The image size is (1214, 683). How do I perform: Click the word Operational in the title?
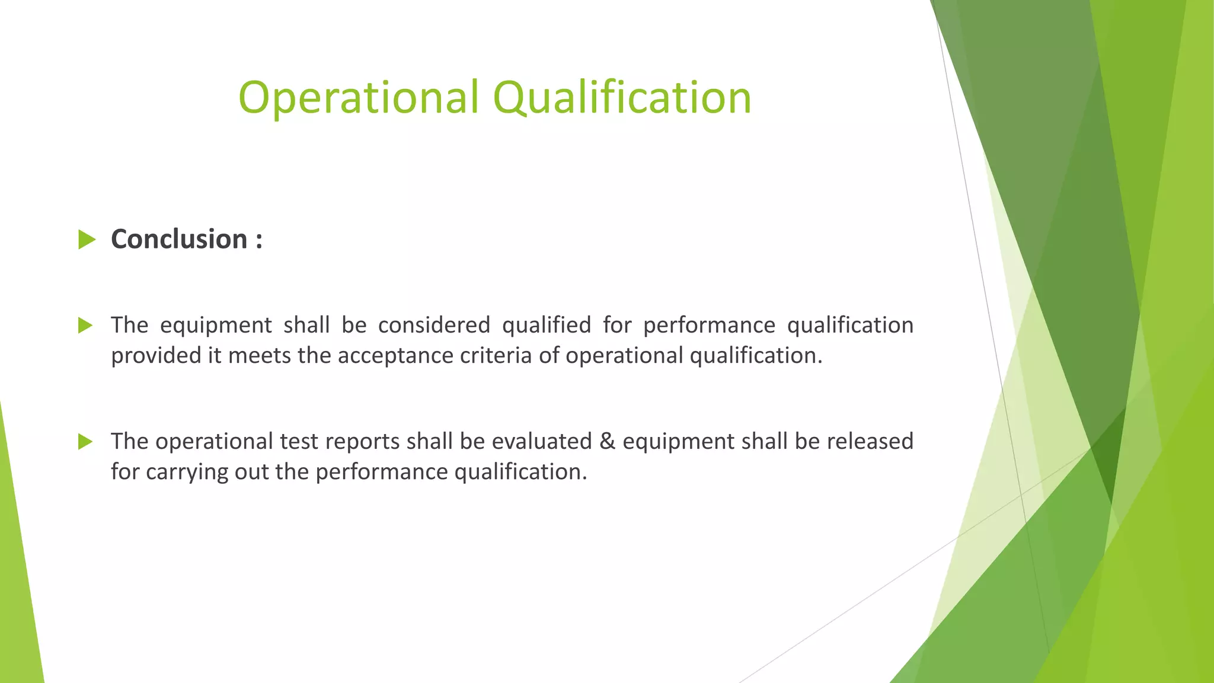coord(357,98)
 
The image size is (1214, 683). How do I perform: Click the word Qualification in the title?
coord(622,98)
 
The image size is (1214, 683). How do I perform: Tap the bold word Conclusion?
coord(179,240)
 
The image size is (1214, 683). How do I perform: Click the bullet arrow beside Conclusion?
coord(87,240)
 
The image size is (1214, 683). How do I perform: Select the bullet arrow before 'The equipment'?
coord(85,325)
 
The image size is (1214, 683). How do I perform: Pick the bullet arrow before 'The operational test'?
coord(85,442)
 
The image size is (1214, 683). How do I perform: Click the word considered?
coord(434,325)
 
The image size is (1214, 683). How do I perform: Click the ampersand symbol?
coord(607,442)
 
